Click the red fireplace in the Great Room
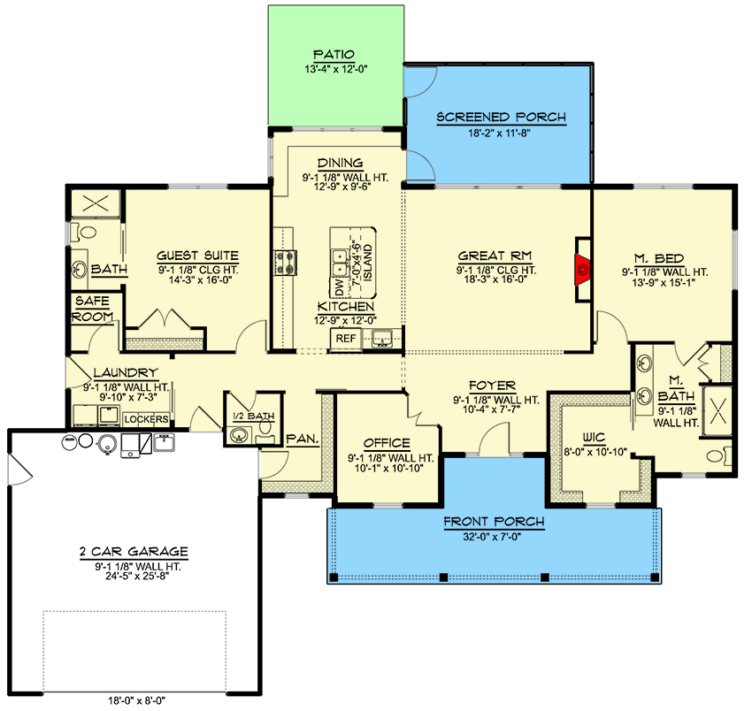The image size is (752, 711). (x=583, y=265)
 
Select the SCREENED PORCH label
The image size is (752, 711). (x=501, y=117)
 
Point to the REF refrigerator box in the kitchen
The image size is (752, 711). (x=345, y=338)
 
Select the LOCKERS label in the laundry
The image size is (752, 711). (x=146, y=418)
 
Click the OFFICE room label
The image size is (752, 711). (x=387, y=443)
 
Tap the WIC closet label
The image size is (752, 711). (x=594, y=436)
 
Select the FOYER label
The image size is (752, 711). (x=494, y=386)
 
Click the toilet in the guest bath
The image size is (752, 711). (x=85, y=233)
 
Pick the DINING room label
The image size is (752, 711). (x=340, y=163)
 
